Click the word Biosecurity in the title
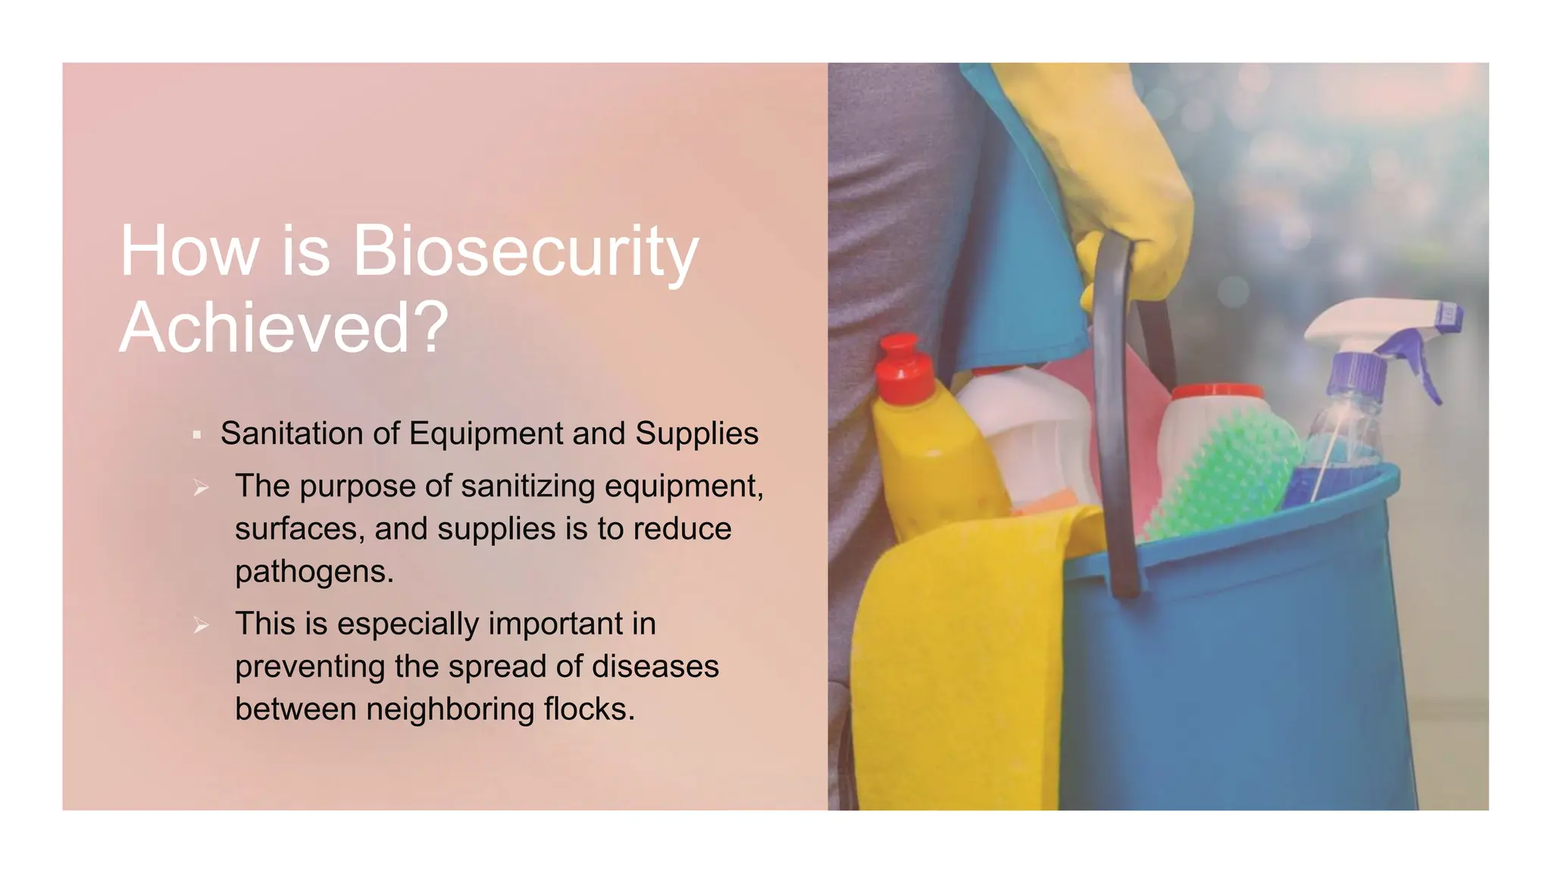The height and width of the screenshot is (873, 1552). tap(524, 252)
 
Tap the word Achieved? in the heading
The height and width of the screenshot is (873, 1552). tap(284, 327)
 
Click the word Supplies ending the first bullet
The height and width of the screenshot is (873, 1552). tap(696, 434)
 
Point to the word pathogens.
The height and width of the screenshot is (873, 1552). tap(314, 572)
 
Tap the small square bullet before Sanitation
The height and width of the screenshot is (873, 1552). tap(197, 435)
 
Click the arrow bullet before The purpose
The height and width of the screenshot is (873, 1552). tap(201, 488)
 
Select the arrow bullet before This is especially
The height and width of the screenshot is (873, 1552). tap(201, 625)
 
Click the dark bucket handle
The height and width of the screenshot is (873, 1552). tap(1114, 424)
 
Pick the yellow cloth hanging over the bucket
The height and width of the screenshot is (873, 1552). tap(955, 652)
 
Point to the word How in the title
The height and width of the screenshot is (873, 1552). tap(189, 252)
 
